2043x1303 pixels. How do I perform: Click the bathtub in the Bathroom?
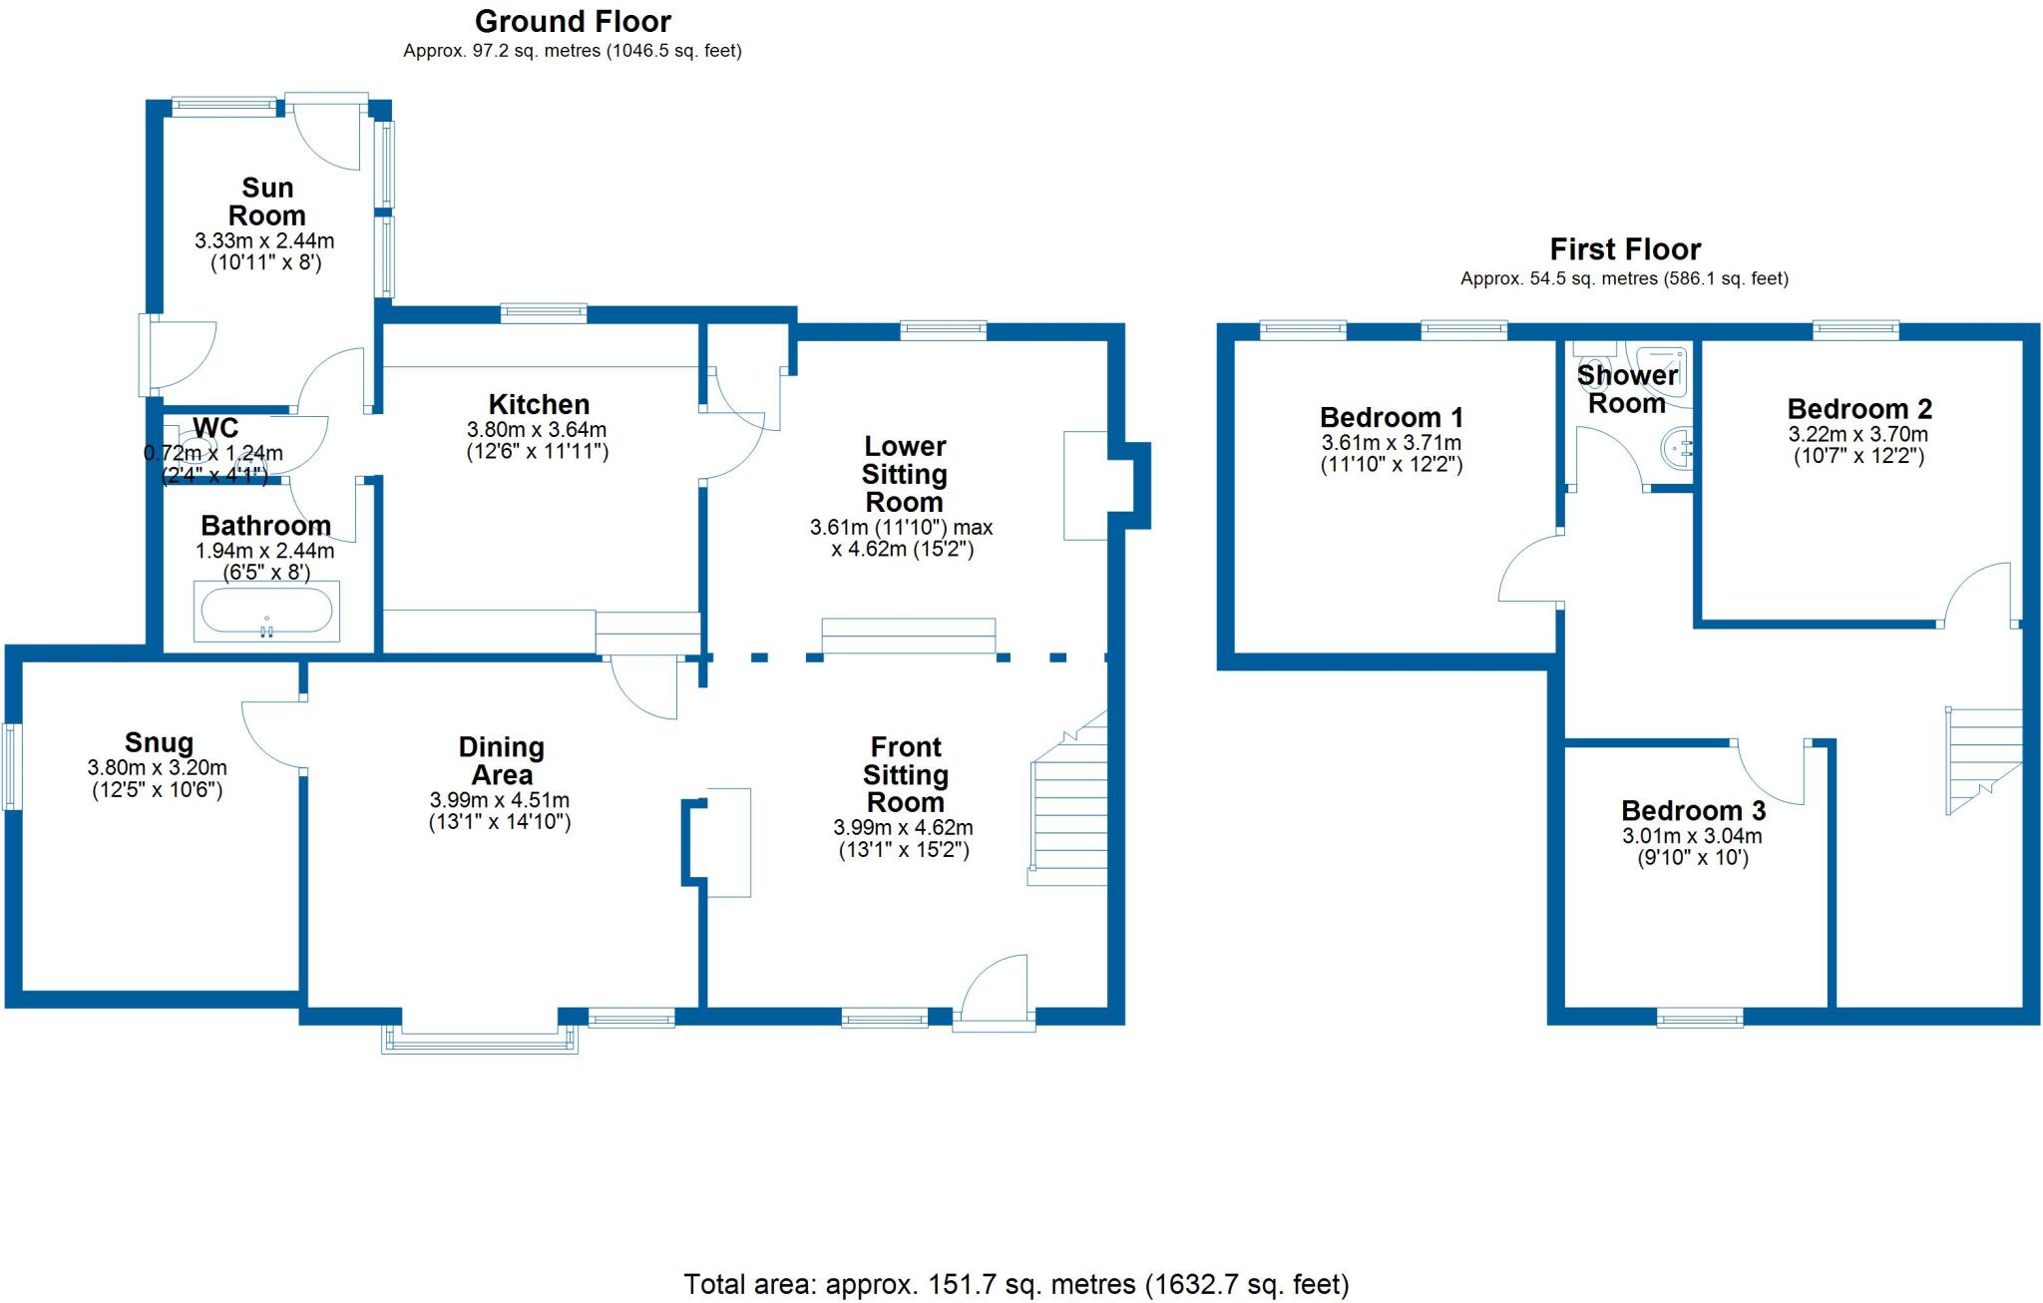[x=266, y=611]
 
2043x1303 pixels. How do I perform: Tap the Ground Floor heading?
[x=573, y=21]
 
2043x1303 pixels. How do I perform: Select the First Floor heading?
[x=1624, y=248]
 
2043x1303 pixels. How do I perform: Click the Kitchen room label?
[x=539, y=404]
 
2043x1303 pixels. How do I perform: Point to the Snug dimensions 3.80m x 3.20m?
[x=158, y=767]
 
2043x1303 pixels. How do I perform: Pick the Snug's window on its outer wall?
[x=11, y=765]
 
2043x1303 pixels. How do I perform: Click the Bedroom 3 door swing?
[x=1770, y=773]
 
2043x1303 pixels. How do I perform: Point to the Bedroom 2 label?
[x=1858, y=409]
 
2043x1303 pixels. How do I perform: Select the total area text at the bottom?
[x=1016, y=1283]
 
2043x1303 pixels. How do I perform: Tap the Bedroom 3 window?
[x=1700, y=1018]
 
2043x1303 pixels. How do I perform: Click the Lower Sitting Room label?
[x=904, y=474]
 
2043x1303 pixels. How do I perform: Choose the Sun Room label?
[x=266, y=202]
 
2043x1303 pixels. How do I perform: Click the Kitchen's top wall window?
[x=544, y=313]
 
